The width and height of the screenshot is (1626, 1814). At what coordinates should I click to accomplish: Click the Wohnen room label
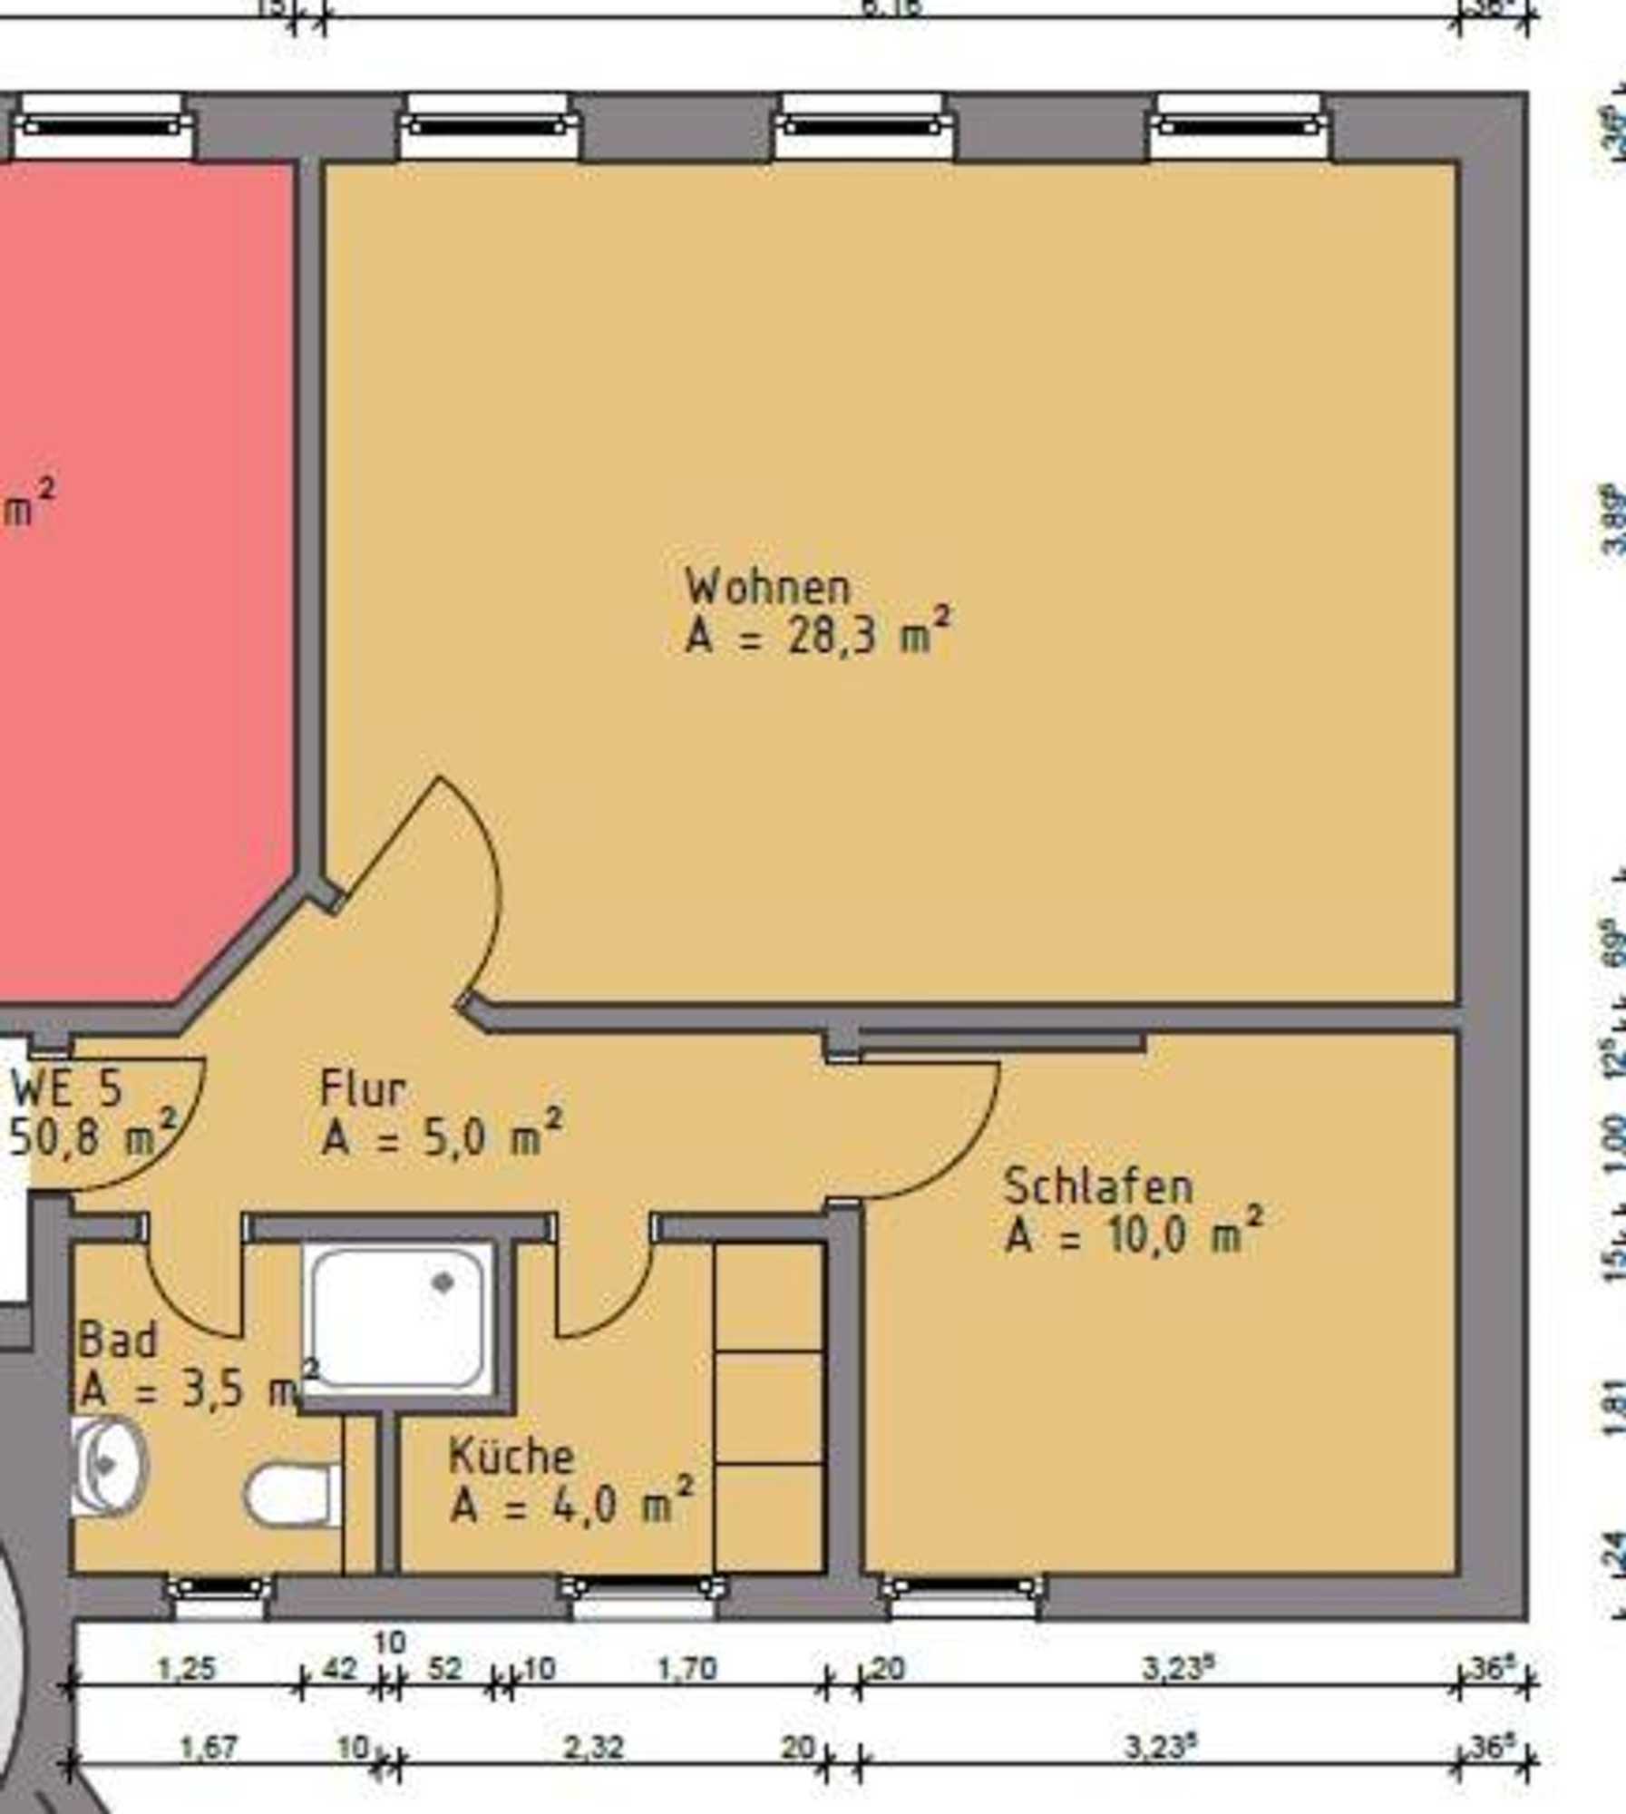(768, 588)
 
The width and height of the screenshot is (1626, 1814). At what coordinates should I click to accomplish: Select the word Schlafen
(1097, 1187)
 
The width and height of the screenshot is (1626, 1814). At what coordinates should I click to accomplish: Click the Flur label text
(363, 1089)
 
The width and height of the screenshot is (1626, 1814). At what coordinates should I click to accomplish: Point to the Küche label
(511, 1458)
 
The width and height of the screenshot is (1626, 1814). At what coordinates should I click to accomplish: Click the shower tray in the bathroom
(397, 1318)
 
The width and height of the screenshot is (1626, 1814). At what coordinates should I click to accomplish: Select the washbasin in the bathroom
(107, 1467)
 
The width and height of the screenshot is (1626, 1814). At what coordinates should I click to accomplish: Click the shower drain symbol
(443, 1282)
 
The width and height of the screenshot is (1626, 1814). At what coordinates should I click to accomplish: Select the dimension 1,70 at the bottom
(686, 1669)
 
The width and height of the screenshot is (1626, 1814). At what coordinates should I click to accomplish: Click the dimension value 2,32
(593, 1748)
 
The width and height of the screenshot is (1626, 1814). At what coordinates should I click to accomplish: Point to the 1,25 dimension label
(187, 1669)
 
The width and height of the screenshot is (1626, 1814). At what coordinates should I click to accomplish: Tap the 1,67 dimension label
(209, 1748)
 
